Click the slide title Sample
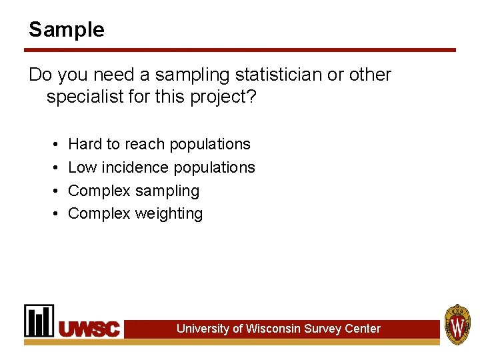(x=66, y=29)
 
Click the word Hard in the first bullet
(x=85, y=144)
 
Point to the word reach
(x=145, y=144)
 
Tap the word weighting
(x=169, y=214)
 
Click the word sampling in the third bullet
(x=167, y=191)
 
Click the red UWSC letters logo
(x=89, y=329)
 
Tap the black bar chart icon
(x=39, y=321)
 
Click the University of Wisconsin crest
(x=457, y=324)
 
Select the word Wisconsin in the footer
(x=273, y=329)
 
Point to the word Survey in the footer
(x=322, y=329)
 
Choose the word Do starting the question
(x=39, y=75)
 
